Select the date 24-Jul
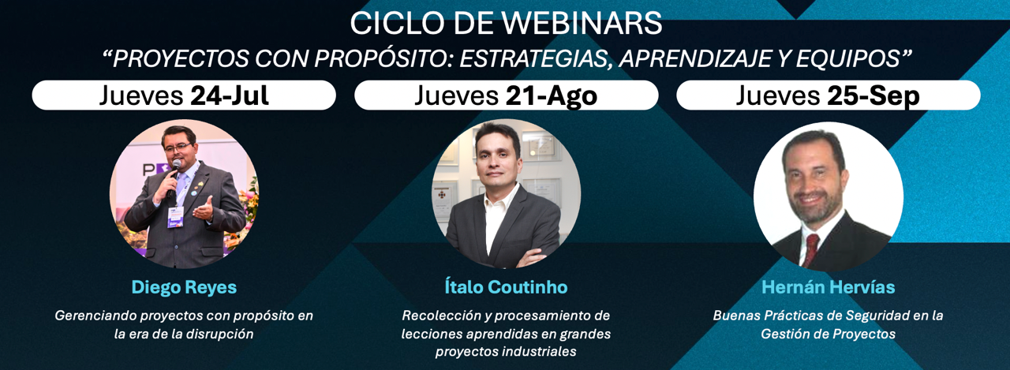(x=230, y=95)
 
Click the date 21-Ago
(x=551, y=96)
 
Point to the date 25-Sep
(x=873, y=96)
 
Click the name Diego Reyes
(x=184, y=287)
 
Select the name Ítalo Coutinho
(x=506, y=286)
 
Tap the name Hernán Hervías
(x=829, y=286)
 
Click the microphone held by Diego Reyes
(x=174, y=177)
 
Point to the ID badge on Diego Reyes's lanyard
(x=175, y=217)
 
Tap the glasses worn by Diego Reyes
(x=178, y=148)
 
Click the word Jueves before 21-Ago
(x=456, y=96)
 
